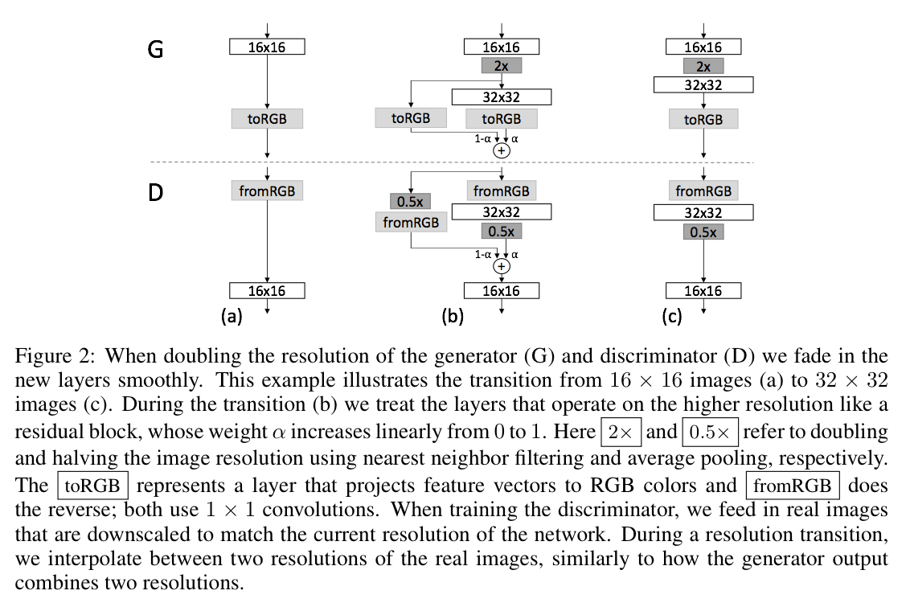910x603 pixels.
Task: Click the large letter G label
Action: pos(155,49)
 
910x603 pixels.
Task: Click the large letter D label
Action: pos(155,192)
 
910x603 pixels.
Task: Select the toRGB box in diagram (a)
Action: pos(267,119)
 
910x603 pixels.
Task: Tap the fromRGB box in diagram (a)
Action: pos(267,191)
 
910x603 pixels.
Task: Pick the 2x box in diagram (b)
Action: pos(502,66)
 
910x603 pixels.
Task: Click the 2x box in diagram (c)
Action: pos(703,66)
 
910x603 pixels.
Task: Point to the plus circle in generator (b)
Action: pos(502,151)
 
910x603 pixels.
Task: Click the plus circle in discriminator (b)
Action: pos(502,266)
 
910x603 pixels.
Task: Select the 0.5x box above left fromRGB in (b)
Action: pos(410,201)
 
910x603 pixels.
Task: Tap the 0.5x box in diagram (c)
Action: pos(703,232)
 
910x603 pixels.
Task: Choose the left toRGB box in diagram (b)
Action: pos(411,118)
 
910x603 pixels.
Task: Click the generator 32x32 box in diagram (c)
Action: pos(703,85)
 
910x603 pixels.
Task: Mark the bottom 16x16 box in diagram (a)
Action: pos(267,291)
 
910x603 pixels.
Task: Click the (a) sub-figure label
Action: pos(232,316)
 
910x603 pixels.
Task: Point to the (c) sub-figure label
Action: pos(672,316)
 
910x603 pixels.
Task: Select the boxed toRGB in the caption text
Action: pos(93,485)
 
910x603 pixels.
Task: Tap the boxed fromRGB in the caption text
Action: pos(793,485)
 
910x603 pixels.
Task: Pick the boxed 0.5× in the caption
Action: pos(710,432)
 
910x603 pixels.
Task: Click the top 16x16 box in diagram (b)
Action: pos(502,47)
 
